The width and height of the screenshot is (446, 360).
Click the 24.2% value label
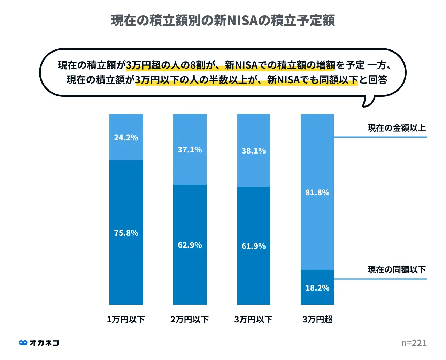coord(126,138)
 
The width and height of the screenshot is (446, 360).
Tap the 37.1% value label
coord(190,150)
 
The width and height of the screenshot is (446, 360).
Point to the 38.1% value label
coord(254,151)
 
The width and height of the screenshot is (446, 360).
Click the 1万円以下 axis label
coord(126,319)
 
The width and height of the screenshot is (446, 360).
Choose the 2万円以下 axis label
coord(190,319)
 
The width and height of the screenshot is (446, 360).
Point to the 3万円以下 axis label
coord(253,319)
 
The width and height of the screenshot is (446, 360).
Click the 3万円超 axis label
coord(317,319)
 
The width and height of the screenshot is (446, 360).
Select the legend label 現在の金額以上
coord(397,128)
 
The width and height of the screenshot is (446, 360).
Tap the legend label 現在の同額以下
coord(397,269)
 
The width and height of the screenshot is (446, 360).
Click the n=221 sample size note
coord(414,343)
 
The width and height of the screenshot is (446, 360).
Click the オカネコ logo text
coord(44,343)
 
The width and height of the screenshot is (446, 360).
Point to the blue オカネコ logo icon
coord(23,343)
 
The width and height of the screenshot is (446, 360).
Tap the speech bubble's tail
coord(368,101)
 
